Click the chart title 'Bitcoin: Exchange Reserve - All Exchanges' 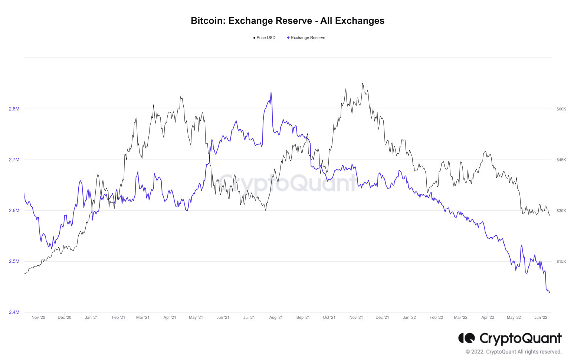[287, 21]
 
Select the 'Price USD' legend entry [264, 38]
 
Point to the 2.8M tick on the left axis [14, 109]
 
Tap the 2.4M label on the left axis [14, 312]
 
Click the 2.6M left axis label [14, 211]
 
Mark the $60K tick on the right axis [561, 109]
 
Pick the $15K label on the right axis [561, 262]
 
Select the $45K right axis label [561, 160]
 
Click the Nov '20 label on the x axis [38, 318]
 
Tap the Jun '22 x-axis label [541, 318]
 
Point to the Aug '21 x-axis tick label [276, 318]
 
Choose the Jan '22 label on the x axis [409, 318]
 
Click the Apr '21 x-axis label [170, 318]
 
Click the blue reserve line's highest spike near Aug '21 [271, 93]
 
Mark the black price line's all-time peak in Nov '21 [363, 84]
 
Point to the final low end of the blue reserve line [550, 293]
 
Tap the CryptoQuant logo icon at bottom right [466, 338]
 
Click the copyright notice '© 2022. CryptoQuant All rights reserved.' [514, 352]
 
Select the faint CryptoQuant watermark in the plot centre [287, 183]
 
